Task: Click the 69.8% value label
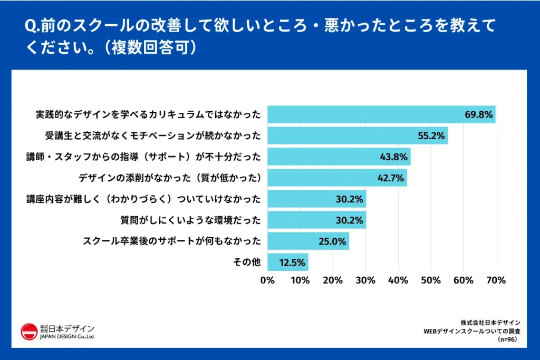[478, 114]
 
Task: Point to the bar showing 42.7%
[337, 178]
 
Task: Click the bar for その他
[287, 262]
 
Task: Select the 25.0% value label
[332, 241]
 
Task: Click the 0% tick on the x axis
[267, 280]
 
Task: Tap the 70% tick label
[496, 280]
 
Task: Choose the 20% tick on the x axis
[333, 280]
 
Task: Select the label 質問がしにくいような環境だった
[191, 220]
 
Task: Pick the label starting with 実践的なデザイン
[148, 114]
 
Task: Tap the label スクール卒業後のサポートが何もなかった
[172, 241]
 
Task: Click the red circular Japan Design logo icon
[30, 332]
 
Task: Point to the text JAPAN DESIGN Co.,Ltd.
[67, 336]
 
